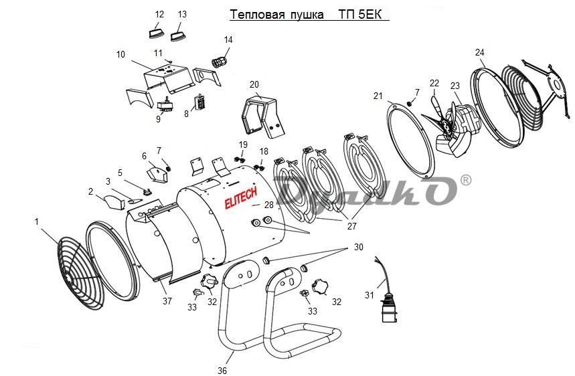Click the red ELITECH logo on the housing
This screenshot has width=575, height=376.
pyautogui.click(x=240, y=199)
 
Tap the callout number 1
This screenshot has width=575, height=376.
pyautogui.click(x=36, y=221)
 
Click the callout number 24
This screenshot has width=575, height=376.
pyautogui.click(x=480, y=52)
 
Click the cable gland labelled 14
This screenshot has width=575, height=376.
pyautogui.click(x=218, y=61)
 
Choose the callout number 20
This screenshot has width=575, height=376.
pyautogui.click(x=254, y=85)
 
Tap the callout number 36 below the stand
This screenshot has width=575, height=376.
pyautogui.click(x=222, y=371)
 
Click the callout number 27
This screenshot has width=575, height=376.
pyautogui.click(x=351, y=226)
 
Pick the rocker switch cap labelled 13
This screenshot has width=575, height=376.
pyautogui.click(x=178, y=36)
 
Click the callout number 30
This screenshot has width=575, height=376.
pyautogui.click(x=358, y=247)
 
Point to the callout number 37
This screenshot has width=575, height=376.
pyautogui.click(x=167, y=301)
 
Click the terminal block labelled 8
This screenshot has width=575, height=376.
pyautogui.click(x=199, y=102)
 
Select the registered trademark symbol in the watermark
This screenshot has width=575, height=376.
pyautogui.click(x=466, y=180)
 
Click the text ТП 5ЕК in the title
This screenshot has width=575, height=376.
pyautogui.click(x=361, y=14)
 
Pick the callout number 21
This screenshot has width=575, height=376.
pyautogui.click(x=378, y=96)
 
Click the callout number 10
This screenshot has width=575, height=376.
pyautogui.click(x=120, y=55)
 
